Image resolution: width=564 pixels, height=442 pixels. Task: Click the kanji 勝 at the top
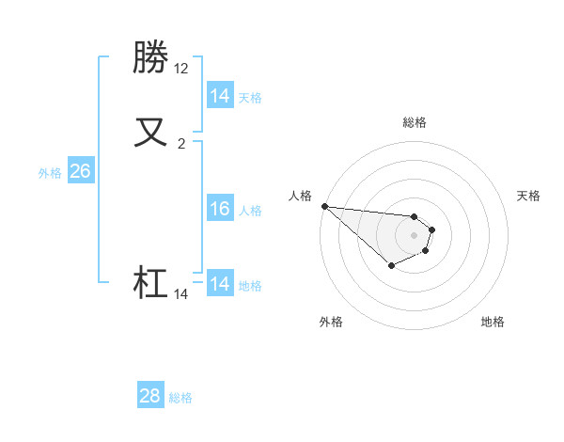click(152, 58)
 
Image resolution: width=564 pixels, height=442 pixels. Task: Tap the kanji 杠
click(152, 282)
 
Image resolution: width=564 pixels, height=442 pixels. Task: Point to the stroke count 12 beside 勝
click(181, 69)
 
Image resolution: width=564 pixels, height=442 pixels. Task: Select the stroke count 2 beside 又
click(181, 144)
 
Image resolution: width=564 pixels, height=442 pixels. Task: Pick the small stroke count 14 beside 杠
click(181, 294)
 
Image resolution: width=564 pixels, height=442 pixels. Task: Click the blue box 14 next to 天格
click(220, 95)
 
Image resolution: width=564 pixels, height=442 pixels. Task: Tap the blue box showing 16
click(220, 209)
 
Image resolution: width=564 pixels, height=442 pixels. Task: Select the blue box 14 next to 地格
click(220, 283)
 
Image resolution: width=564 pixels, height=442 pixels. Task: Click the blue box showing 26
click(81, 171)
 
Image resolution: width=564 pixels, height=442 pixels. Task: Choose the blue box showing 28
click(150, 396)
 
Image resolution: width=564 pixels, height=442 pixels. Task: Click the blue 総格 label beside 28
click(180, 398)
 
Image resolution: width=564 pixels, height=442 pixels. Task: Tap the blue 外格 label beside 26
click(50, 173)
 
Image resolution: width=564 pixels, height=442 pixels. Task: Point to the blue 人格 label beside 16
click(251, 211)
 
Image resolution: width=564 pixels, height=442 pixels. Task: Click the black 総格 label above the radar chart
click(414, 122)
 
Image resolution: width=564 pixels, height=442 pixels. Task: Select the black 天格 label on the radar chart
click(528, 196)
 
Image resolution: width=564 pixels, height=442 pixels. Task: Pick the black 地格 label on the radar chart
click(493, 322)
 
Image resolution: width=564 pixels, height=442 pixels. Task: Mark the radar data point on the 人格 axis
click(323, 206)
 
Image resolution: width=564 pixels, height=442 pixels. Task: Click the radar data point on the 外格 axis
click(391, 266)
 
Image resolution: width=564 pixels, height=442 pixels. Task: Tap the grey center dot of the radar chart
click(414, 235)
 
